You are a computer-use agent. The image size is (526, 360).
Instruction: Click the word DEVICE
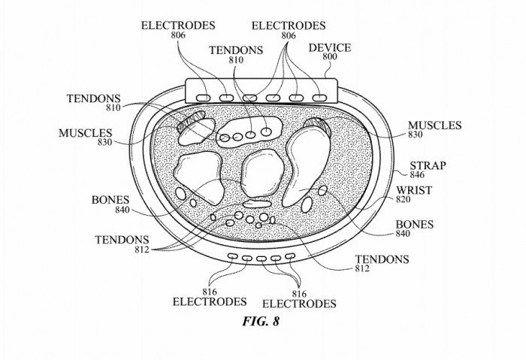click(330, 47)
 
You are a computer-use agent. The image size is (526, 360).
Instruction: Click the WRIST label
click(413, 190)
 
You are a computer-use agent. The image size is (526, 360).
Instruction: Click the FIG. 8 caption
click(262, 322)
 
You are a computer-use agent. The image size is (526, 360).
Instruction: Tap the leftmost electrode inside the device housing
click(202, 98)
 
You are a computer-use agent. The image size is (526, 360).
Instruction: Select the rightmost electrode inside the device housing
click(320, 98)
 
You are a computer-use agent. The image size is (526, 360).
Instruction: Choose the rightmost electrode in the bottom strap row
click(290, 257)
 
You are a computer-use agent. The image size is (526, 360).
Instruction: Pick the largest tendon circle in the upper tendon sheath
click(266, 132)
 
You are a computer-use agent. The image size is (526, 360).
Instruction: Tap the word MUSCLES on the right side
click(434, 125)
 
